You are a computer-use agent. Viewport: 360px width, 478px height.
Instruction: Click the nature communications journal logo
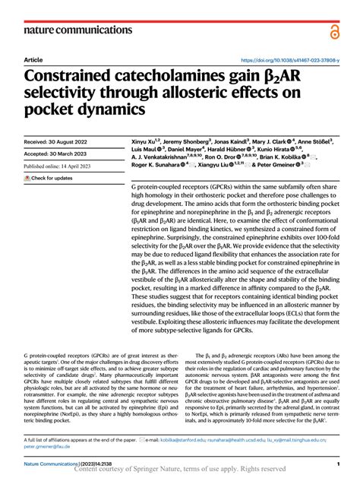tap(70, 30)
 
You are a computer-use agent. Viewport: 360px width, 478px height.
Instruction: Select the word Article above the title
tap(33, 59)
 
